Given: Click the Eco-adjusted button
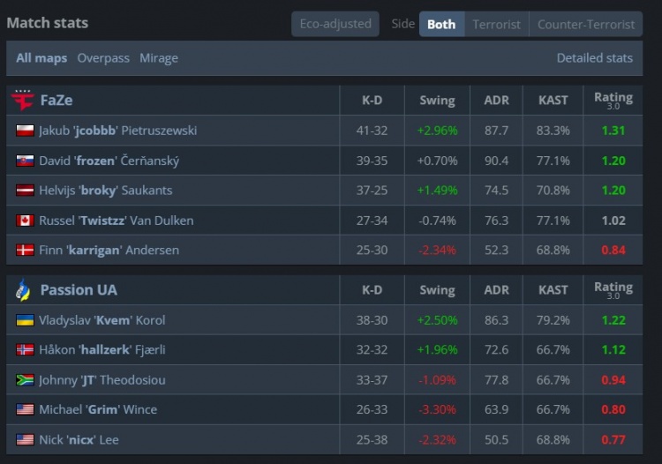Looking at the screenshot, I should pos(335,24).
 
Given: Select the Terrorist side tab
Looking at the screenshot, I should pos(496,24).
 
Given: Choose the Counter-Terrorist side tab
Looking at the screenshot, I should pos(586,24).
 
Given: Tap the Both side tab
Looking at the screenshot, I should pos(441,24).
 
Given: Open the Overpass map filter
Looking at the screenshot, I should pos(103,58).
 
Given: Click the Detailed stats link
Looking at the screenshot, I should pos(594,58).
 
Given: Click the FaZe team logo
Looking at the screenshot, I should pos(22,100).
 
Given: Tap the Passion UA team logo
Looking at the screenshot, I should pos(23,289).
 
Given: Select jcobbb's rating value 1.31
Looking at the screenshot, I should pos(613,131).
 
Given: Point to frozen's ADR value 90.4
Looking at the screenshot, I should pos(496,161).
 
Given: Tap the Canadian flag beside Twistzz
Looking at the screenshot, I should pos(25,221).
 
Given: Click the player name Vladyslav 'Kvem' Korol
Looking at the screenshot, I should pos(102,320).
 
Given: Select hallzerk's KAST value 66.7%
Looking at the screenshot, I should pos(553,350).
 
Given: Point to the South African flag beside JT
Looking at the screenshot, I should pos(25,380).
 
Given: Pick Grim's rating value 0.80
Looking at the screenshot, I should pos(613,410).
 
